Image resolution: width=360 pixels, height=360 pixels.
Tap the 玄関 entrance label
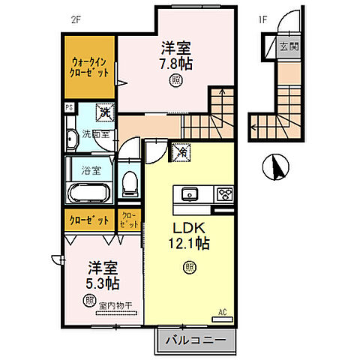[x=288, y=46]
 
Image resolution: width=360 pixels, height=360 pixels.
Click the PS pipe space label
[x=69, y=108]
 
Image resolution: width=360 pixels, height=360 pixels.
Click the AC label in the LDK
[x=223, y=310]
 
